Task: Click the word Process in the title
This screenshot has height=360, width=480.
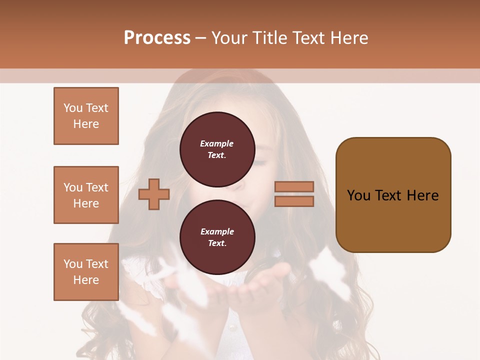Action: coord(157,38)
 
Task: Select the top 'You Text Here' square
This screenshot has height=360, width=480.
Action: coord(86,116)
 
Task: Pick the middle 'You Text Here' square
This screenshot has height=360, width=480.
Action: coord(86,195)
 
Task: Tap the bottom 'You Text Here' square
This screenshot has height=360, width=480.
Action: coord(86,272)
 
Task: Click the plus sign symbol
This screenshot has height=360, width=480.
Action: coord(154,194)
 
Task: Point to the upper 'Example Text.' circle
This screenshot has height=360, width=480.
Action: coord(217,149)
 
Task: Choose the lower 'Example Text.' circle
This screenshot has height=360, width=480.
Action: coord(217,237)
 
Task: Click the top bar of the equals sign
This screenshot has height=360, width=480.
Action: coord(294,187)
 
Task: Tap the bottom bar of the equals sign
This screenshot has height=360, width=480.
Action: coord(294,201)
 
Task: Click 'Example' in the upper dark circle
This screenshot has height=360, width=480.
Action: coord(217,144)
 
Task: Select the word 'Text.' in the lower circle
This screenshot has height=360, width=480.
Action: coord(217,243)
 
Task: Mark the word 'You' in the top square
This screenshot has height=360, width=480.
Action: coord(73,108)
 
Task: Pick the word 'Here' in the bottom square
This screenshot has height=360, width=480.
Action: coord(86,280)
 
